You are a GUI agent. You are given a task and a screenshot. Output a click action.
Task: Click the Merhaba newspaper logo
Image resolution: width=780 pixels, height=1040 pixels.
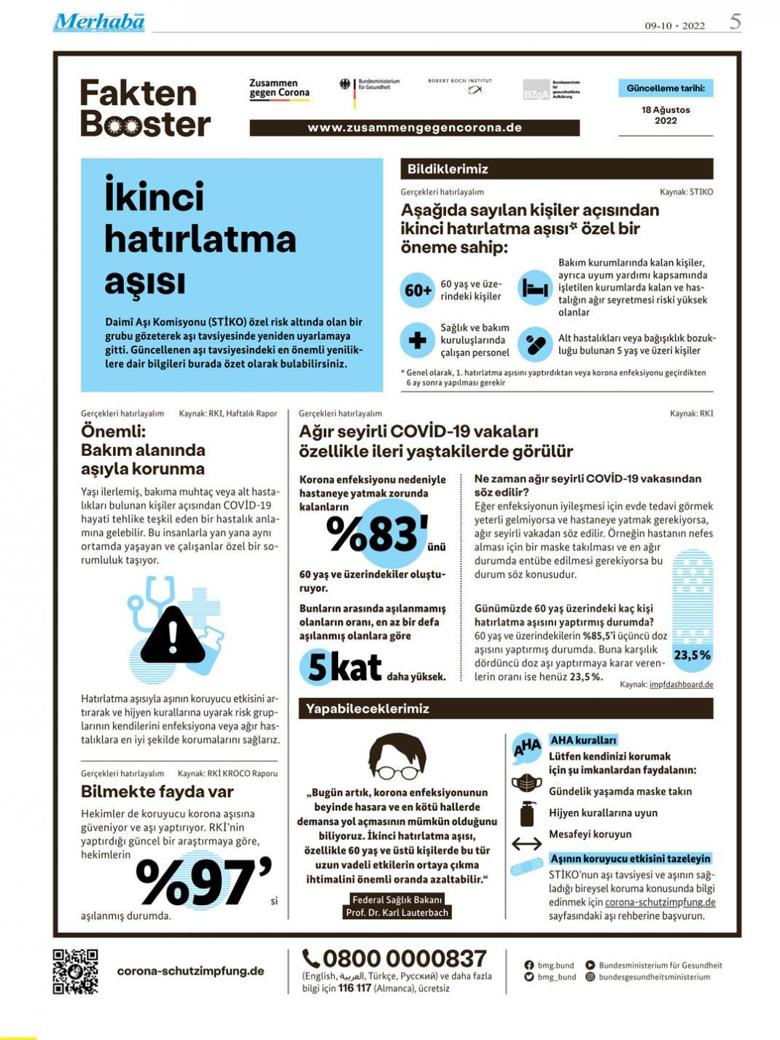[x=99, y=23]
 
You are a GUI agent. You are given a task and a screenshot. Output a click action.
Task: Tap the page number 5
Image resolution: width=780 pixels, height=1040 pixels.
[x=735, y=22]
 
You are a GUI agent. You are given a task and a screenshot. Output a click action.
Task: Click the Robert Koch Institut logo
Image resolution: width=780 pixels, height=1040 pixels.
[x=460, y=86]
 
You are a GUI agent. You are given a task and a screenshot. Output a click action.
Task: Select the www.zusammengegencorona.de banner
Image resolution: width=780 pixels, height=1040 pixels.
[x=414, y=128]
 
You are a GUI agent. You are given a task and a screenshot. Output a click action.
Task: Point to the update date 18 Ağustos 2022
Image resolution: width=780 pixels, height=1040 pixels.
[x=666, y=115]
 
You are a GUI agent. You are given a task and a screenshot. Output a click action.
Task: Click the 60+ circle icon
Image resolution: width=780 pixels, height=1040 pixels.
[x=418, y=290]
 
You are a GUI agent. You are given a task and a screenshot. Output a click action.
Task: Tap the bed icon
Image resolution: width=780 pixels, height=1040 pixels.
[x=535, y=289]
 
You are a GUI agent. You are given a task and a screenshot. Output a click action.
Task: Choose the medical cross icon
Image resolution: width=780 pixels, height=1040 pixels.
[x=418, y=340]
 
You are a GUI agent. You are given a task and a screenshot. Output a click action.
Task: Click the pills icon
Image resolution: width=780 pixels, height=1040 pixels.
[x=535, y=344]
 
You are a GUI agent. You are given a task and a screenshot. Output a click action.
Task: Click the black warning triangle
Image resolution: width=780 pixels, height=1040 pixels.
[x=173, y=636]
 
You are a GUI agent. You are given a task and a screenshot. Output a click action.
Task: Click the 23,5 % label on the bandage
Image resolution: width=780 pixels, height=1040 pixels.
[x=692, y=655]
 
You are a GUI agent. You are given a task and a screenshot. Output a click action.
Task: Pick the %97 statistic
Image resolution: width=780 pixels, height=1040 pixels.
[x=203, y=882]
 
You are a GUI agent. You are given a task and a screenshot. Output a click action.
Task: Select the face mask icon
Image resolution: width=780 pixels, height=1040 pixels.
[x=526, y=784]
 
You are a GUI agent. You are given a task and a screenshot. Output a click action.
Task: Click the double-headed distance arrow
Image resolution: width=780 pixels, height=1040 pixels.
[x=526, y=844]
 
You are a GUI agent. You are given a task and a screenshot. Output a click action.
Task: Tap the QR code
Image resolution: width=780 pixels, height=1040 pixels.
[x=75, y=971]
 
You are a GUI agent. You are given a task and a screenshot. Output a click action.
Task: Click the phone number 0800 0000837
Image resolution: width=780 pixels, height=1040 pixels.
[x=394, y=958]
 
